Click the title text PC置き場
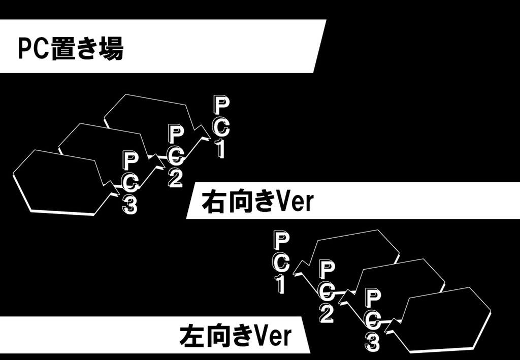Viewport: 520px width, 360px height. click(x=71, y=49)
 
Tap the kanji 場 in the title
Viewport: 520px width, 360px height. click(x=112, y=49)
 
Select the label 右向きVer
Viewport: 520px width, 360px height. click(x=257, y=202)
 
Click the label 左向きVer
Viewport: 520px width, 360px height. click(x=235, y=336)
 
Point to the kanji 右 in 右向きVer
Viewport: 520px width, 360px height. click(x=213, y=202)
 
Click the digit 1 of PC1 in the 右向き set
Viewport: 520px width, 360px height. click(x=221, y=149)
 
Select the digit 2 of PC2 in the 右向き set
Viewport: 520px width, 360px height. click(x=175, y=178)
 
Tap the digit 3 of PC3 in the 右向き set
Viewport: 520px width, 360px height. click(x=129, y=205)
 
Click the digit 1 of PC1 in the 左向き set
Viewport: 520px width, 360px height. click(x=281, y=284)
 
